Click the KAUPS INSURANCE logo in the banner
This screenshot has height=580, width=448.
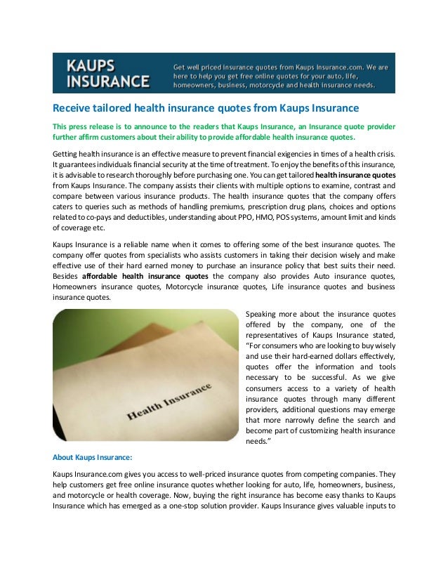pos(107,73)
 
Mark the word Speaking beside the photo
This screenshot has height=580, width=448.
pos(266,313)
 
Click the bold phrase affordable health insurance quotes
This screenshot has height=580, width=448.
pos(145,277)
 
